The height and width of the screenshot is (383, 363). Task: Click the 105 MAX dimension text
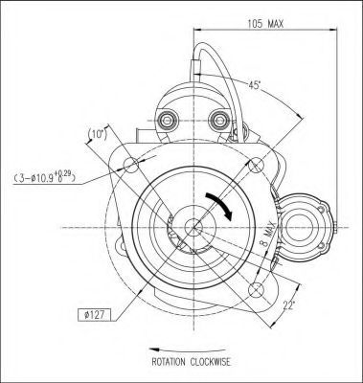(x=265, y=24)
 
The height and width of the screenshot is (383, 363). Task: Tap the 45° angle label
(x=255, y=85)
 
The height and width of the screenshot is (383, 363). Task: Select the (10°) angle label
(x=98, y=134)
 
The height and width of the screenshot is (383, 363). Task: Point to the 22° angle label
(x=288, y=305)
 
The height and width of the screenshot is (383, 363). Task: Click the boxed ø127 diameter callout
(x=94, y=315)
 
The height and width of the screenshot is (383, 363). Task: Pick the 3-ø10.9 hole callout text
(x=45, y=177)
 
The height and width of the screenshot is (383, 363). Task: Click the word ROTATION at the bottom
(x=169, y=362)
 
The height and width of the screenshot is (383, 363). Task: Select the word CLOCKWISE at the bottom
(x=210, y=362)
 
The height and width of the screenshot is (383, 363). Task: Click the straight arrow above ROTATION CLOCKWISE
(x=188, y=349)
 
